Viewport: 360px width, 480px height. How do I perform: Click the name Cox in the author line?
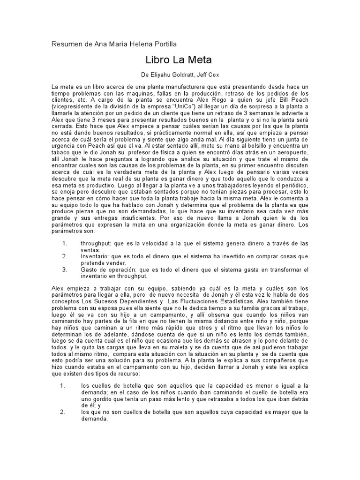click(x=213, y=75)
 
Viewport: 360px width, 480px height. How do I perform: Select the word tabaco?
click(x=62, y=153)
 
